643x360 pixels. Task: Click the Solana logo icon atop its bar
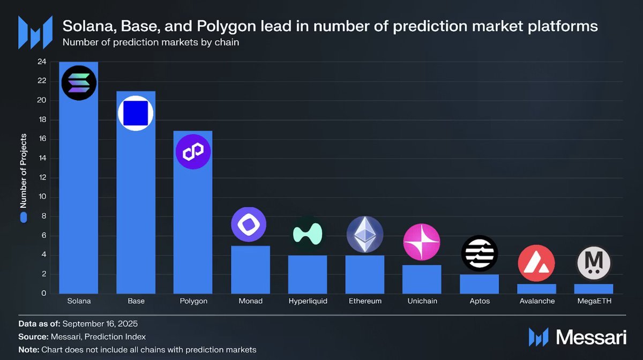pyautogui.click(x=79, y=82)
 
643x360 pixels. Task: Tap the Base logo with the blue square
pyautogui.click(x=136, y=114)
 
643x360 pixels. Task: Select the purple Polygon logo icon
pyautogui.click(x=193, y=152)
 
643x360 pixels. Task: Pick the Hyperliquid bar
pyautogui.click(x=308, y=274)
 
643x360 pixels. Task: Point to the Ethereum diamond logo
pyautogui.click(x=364, y=235)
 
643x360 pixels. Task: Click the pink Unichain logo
pyautogui.click(x=422, y=242)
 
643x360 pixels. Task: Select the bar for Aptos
pyautogui.click(x=479, y=284)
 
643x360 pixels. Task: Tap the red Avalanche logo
pyautogui.click(x=536, y=263)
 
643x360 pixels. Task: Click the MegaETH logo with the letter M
pyautogui.click(x=594, y=263)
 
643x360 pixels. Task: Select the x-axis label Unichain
pyautogui.click(x=422, y=301)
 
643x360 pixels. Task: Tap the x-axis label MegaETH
pyautogui.click(x=594, y=301)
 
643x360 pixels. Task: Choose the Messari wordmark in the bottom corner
pyautogui.click(x=590, y=337)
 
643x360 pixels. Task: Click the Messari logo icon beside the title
pyautogui.click(x=35, y=33)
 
